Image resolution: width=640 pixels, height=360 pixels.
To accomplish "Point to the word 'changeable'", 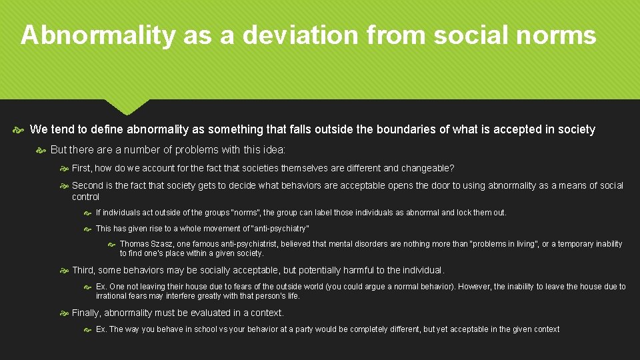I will click(x=427, y=169).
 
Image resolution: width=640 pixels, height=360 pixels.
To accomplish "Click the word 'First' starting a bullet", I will click(x=82, y=169).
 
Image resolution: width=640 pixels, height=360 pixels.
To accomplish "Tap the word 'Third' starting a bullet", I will click(x=83, y=270).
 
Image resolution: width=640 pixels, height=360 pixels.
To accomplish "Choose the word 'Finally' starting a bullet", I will click(x=87, y=313).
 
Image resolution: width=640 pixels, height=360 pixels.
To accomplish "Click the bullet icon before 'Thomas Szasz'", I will click(x=112, y=245).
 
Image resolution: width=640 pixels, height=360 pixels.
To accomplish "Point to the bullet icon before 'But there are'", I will click(x=41, y=150).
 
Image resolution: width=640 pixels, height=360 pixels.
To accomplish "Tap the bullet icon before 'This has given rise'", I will click(x=88, y=229).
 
